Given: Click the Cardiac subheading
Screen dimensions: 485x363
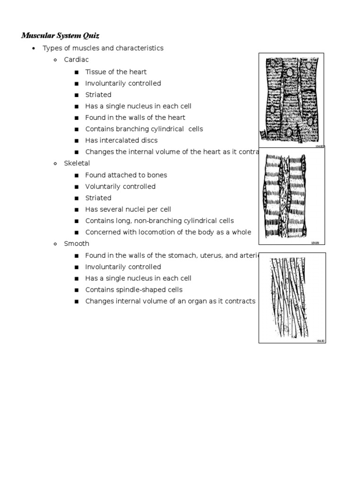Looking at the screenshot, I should [76, 60].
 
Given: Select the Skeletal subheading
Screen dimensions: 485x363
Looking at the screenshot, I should [77, 163].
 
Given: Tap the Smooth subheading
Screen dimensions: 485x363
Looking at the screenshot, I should [77, 243].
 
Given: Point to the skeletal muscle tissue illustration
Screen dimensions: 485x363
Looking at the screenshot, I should [291, 195].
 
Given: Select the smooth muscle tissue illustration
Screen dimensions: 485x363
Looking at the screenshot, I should [292, 297].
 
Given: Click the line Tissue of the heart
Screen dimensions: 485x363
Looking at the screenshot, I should [116, 72].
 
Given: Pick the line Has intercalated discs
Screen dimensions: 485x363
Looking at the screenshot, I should [121, 140].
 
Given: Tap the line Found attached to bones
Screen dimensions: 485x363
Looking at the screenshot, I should [126, 175].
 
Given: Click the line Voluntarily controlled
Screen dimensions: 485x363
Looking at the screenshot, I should [120, 186].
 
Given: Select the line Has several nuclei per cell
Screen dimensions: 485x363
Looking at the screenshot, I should [128, 209].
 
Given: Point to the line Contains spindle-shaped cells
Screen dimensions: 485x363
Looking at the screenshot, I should [133, 289].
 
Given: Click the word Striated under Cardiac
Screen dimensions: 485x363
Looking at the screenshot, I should [98, 95].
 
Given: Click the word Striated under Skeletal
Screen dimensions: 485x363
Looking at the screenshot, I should [98, 198].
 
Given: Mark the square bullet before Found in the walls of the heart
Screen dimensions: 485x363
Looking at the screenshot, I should [77, 118].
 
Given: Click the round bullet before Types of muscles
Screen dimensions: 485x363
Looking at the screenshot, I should [34, 49].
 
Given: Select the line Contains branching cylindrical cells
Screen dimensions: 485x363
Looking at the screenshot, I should [144, 129].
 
